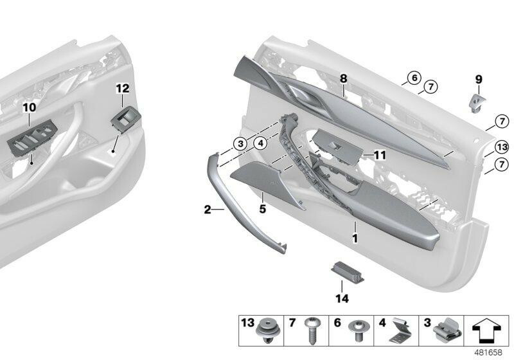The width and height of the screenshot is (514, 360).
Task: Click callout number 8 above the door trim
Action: point(344,78)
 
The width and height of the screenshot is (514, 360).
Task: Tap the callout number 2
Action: point(207,209)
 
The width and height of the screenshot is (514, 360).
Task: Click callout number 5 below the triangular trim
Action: point(262,208)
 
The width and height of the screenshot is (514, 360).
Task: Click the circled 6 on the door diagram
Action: point(413,78)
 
